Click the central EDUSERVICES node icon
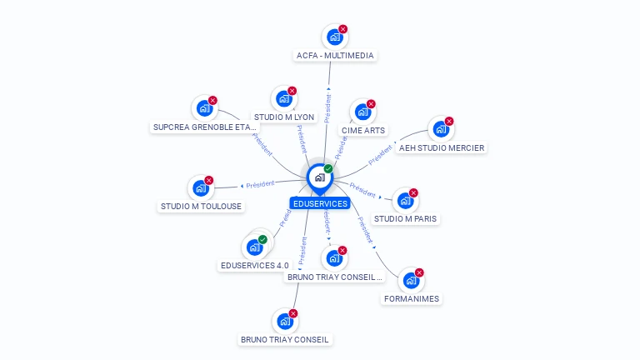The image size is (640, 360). click(319, 177)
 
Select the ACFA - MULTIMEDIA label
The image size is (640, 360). click(336, 56)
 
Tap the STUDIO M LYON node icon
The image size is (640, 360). click(284, 99)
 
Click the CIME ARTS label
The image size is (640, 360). click(363, 130)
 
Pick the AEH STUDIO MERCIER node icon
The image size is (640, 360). click(440, 130)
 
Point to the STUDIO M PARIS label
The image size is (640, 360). click(405, 219)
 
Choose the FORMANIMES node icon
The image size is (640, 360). click(411, 281)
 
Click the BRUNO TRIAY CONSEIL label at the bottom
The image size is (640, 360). click(285, 340)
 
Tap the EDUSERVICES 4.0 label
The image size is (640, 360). click(254, 266)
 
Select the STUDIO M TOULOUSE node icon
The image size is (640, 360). click(200, 188)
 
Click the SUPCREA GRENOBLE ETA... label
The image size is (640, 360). click(205, 127)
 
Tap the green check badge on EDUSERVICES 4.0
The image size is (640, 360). click(262, 240)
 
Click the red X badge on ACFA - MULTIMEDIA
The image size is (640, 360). click(342, 29)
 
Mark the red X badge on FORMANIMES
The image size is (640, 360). click(419, 272)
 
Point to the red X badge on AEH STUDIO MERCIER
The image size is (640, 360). click(449, 121)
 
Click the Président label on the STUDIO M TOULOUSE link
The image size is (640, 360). click(260, 184)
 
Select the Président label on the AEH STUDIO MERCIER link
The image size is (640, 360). click(379, 153)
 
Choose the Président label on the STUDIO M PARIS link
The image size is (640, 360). click(363, 189)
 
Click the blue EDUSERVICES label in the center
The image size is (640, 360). click(320, 203)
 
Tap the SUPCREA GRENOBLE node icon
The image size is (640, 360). click(204, 108)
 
